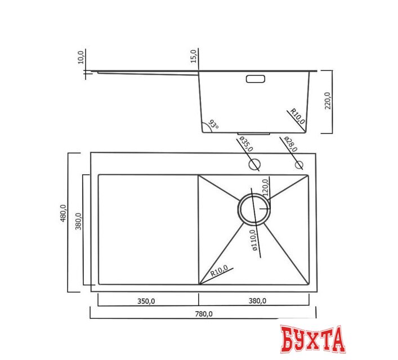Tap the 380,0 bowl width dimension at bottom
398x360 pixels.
click(258, 301)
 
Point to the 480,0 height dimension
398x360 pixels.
click(64, 214)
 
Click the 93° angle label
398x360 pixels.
click(213, 124)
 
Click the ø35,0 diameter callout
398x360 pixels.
click(246, 143)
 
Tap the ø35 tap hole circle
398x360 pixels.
click(254, 165)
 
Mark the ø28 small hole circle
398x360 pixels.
click(299, 165)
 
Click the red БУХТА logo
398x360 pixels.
click(312, 339)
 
